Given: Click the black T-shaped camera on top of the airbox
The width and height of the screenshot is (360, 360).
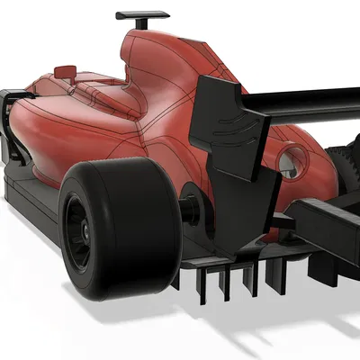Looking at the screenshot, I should pyautogui.click(x=142, y=16).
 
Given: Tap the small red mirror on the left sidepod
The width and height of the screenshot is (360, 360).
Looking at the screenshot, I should pyautogui.click(x=65, y=70).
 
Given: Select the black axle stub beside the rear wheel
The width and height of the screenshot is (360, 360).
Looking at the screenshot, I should pyautogui.click(x=192, y=205).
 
